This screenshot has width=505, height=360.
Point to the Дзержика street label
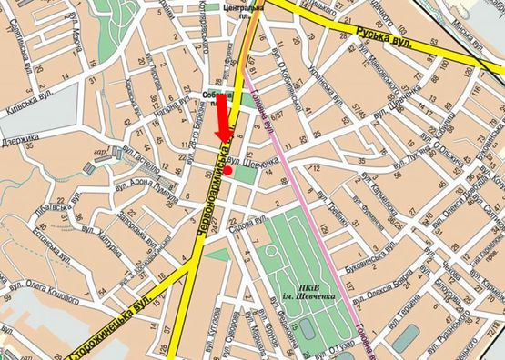pyautogui.click(x=20, y=142)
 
